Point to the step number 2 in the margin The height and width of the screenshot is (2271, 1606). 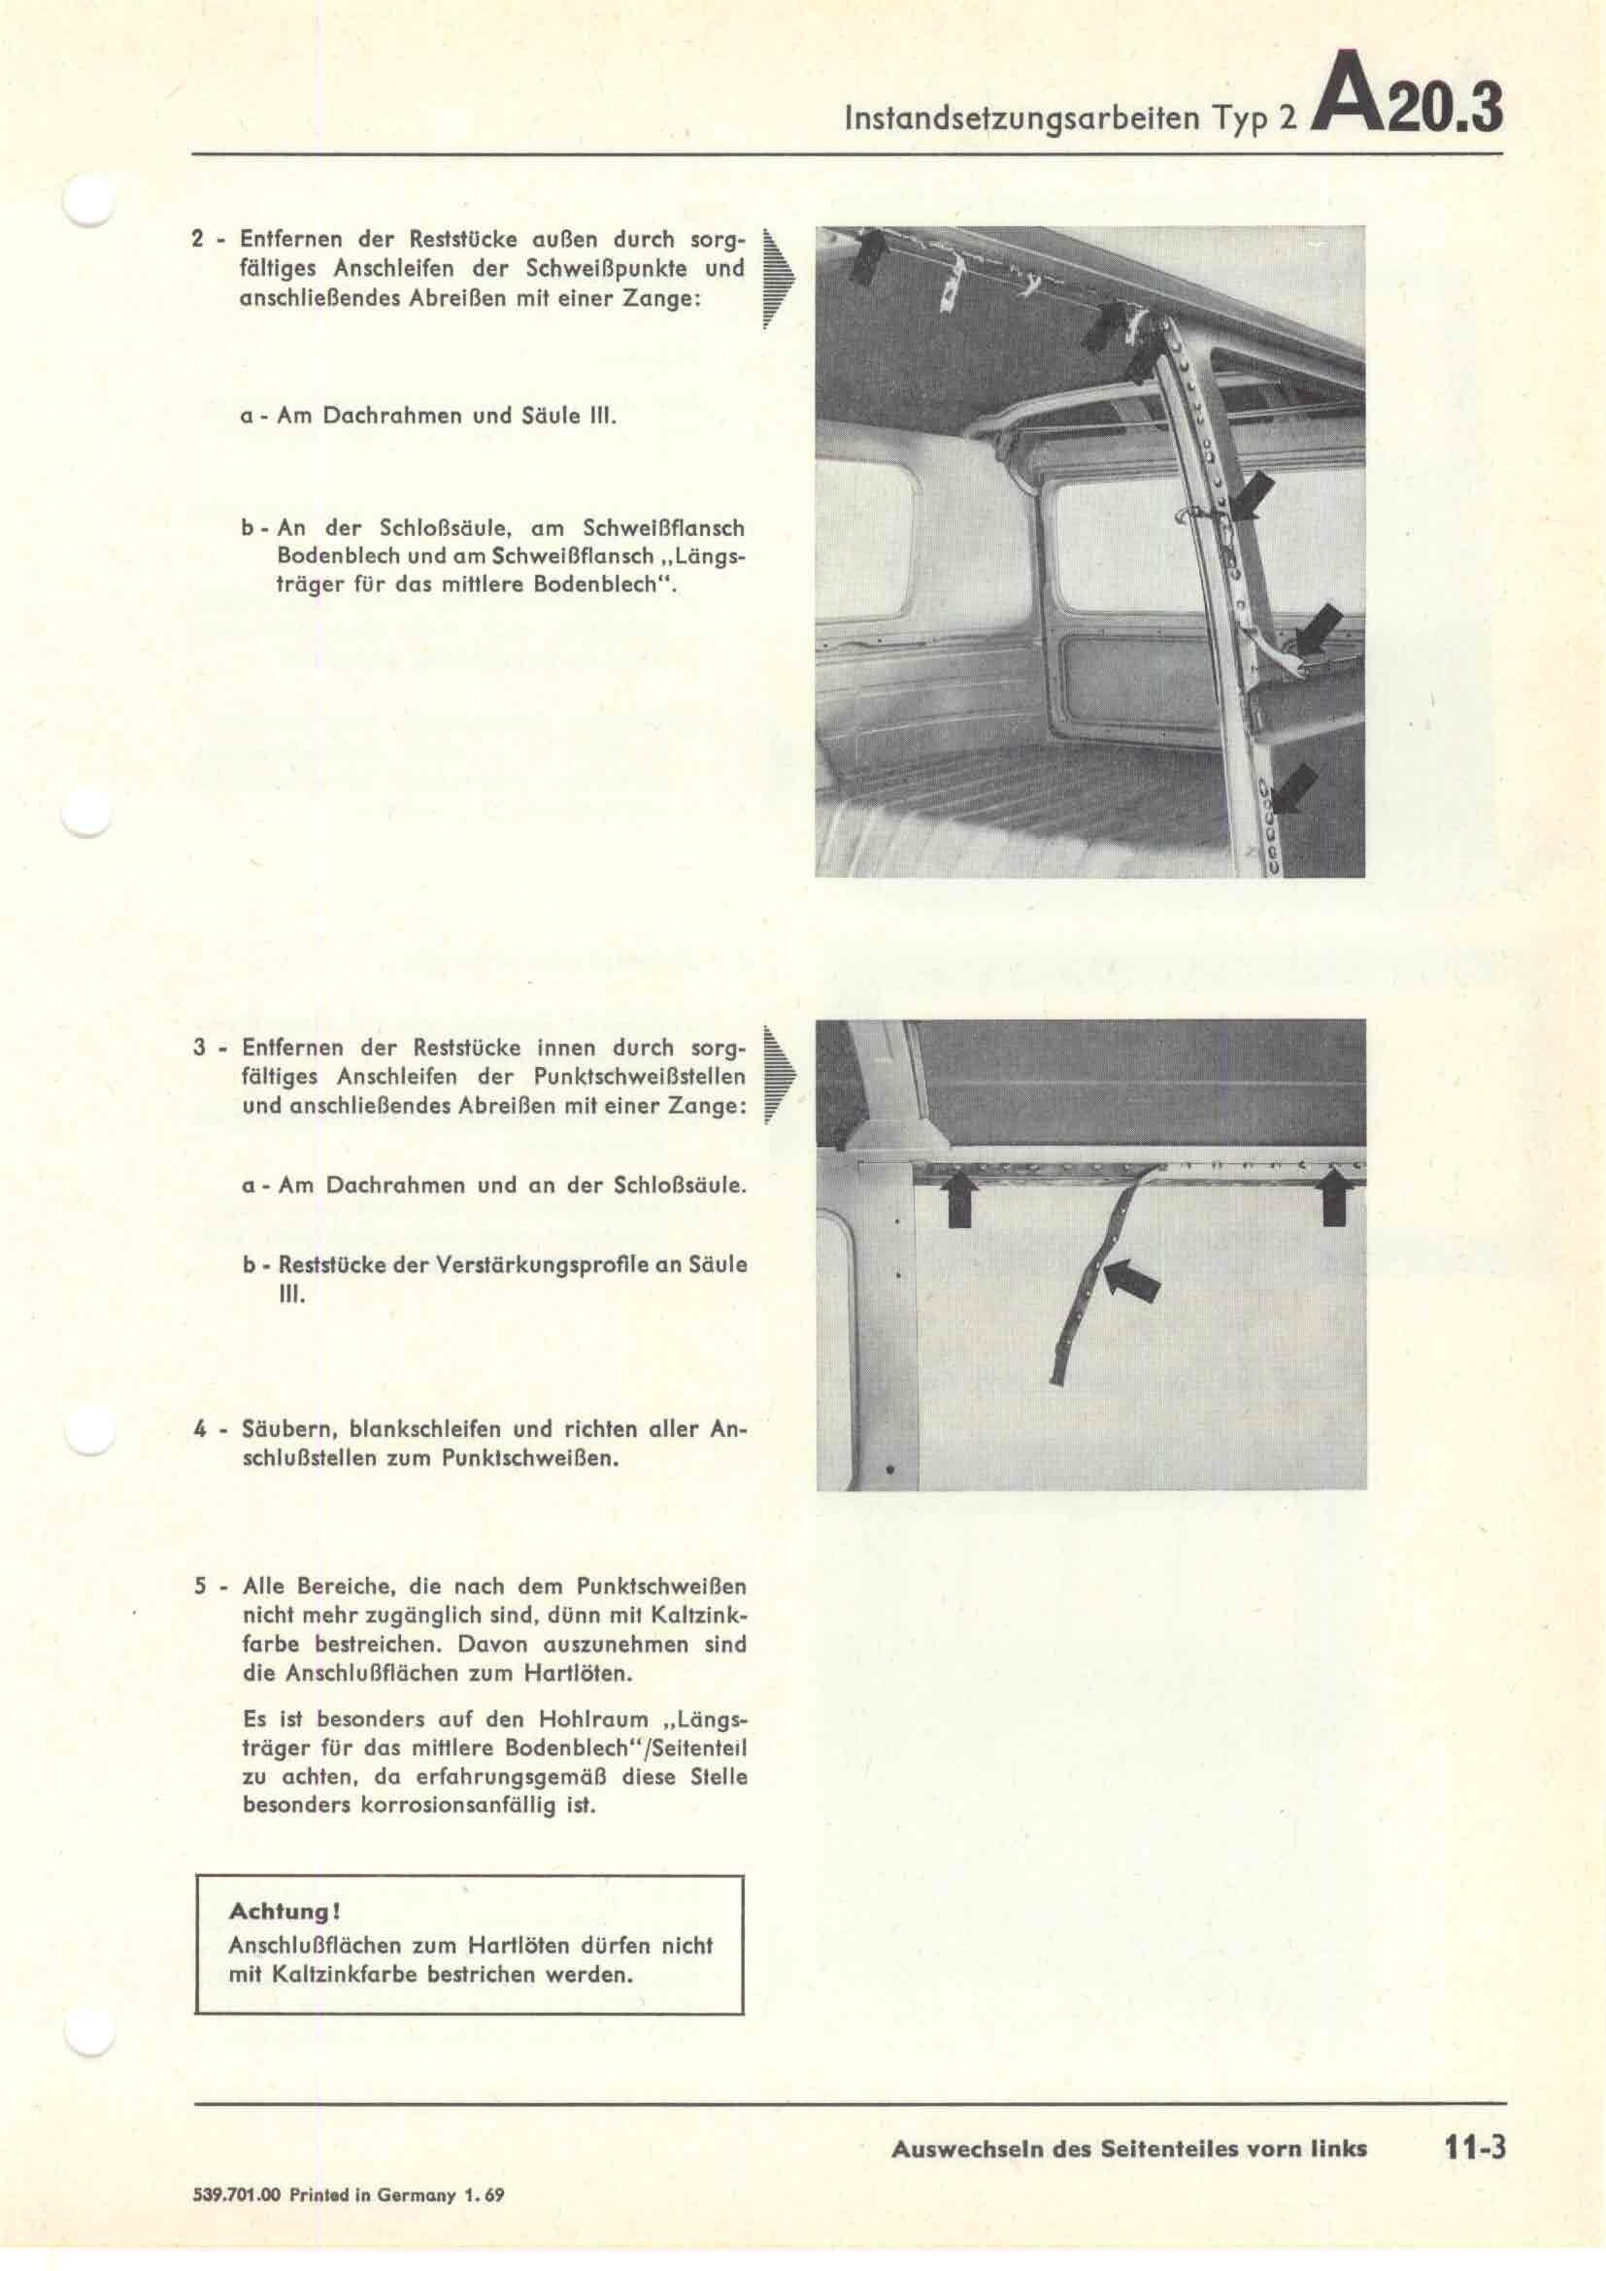pyautogui.click(x=198, y=240)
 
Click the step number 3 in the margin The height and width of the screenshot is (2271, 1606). pyautogui.click(x=199, y=1049)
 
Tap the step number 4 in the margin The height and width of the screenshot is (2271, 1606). pyautogui.click(x=199, y=1429)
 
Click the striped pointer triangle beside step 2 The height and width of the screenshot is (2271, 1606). pyautogui.click(x=779, y=279)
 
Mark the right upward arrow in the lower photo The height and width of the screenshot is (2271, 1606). pyautogui.click(x=1335, y=1195)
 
